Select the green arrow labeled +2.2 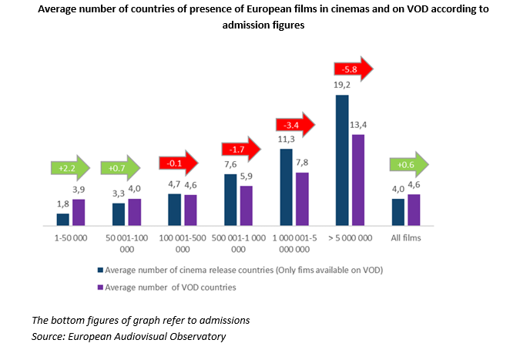coord(69,167)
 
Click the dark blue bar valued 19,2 coord(342,160)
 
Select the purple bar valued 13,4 coord(358,180)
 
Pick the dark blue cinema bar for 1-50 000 coord(62,219)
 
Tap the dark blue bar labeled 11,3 coord(286,187)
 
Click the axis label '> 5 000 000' coord(350,239)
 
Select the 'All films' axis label coord(407,239)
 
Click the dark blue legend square coord(99,271)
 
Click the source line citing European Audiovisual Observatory coord(129,336)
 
